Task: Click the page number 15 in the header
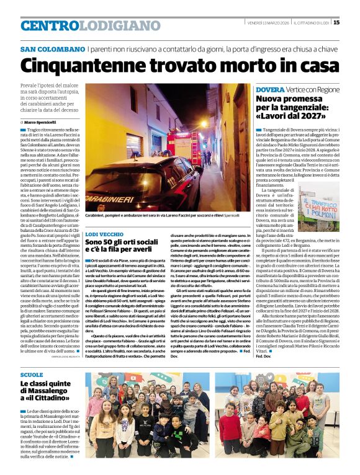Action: click(x=353, y=23)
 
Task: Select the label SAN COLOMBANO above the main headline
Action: click(x=52, y=49)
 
